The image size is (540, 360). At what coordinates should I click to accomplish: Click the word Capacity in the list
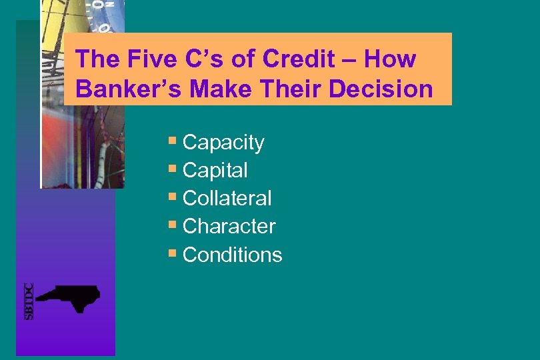(x=223, y=143)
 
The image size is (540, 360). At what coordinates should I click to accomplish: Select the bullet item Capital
(x=215, y=171)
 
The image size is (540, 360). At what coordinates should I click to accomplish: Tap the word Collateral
(x=227, y=199)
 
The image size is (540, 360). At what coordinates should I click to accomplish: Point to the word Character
(x=229, y=227)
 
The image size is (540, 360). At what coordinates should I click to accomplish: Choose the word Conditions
(x=232, y=255)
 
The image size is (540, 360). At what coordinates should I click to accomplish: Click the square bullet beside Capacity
(x=173, y=141)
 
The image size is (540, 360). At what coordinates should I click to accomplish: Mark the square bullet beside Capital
(x=173, y=169)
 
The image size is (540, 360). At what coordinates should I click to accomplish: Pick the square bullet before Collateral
(x=173, y=197)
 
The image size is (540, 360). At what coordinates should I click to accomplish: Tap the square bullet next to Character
(x=173, y=225)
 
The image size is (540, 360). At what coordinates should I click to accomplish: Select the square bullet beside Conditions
(x=173, y=253)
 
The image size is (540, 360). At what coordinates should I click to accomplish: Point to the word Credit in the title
(x=298, y=59)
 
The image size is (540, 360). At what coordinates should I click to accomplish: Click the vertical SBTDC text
(x=29, y=301)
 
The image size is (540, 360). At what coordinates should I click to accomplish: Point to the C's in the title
(x=203, y=59)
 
